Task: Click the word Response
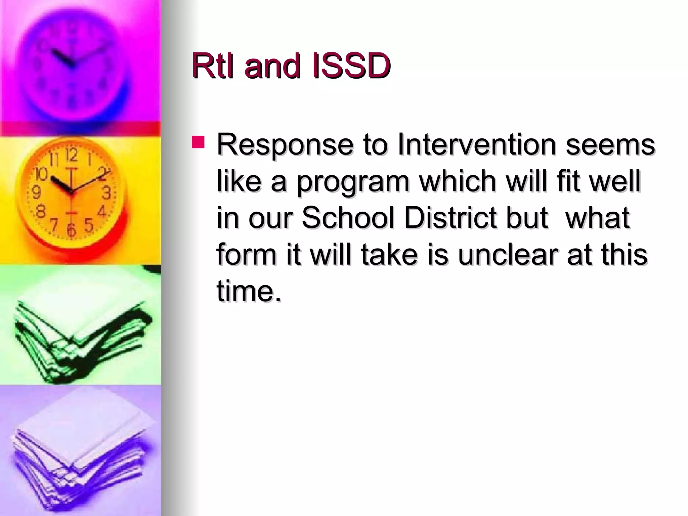(285, 145)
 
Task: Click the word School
(347, 218)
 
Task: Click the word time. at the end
(249, 291)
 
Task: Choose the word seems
(610, 145)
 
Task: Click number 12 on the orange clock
(71, 155)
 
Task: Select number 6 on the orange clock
(71, 229)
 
